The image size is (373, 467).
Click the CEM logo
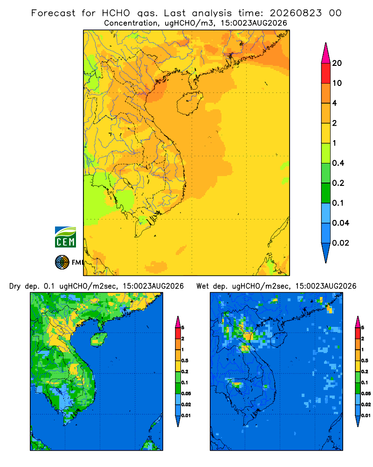tap(65, 237)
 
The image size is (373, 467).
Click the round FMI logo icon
tap(62, 262)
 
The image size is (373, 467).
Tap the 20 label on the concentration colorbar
tap(337, 63)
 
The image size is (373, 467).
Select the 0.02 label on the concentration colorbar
tap(340, 243)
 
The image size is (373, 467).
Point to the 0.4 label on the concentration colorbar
tap(338, 163)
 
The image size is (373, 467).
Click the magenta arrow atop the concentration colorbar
tap(326, 53)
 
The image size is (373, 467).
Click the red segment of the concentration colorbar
tap(326, 73)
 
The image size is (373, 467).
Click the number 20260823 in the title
tap(296, 13)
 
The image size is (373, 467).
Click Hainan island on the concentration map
tap(189, 103)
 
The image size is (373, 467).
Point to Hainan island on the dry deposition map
tap(98, 339)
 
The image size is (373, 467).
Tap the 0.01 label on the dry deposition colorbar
tap(186, 416)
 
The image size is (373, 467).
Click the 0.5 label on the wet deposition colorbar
tap(364, 361)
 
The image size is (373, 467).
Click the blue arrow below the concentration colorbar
tap(326, 253)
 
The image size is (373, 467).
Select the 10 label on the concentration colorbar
tap(337, 83)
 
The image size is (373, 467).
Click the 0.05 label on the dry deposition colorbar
tap(186, 393)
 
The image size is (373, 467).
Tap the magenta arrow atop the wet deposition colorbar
tap(358, 322)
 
